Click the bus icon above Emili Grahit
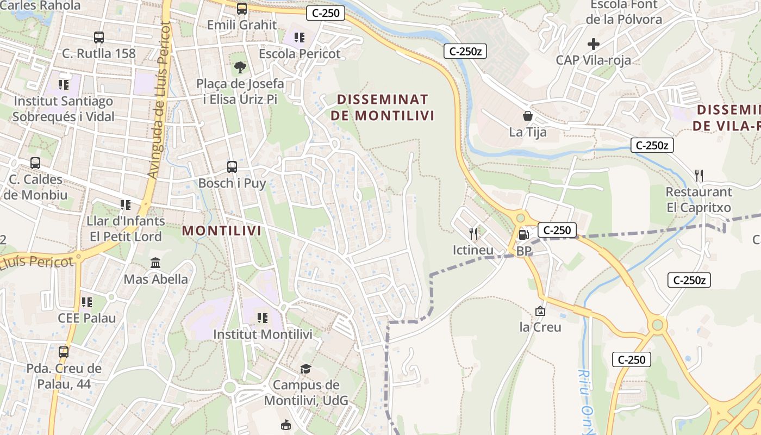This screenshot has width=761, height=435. (x=242, y=9)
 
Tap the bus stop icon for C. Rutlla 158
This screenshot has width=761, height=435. (x=98, y=38)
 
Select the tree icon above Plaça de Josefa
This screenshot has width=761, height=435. (x=240, y=67)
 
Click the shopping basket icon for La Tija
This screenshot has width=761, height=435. (x=527, y=116)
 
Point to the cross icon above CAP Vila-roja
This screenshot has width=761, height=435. (x=594, y=44)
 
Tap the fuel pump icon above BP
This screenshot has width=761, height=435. (x=523, y=235)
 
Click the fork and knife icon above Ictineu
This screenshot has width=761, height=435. (x=473, y=234)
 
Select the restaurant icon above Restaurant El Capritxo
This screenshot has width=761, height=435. (x=699, y=176)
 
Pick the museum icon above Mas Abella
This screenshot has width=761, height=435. (x=155, y=263)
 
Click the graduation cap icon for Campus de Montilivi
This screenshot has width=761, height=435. (x=305, y=369)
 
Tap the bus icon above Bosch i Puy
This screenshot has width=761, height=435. (x=232, y=167)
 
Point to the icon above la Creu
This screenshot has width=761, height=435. (x=540, y=311)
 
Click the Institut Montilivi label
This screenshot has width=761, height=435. (x=263, y=334)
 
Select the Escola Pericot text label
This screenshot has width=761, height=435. (x=300, y=54)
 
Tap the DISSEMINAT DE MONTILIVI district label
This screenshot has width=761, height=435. (x=383, y=108)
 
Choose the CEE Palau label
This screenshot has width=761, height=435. (x=87, y=318)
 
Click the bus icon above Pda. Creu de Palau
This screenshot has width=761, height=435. (x=64, y=352)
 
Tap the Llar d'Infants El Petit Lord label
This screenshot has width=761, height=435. (x=126, y=229)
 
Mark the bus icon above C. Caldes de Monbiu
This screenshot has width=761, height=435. (x=35, y=163)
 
